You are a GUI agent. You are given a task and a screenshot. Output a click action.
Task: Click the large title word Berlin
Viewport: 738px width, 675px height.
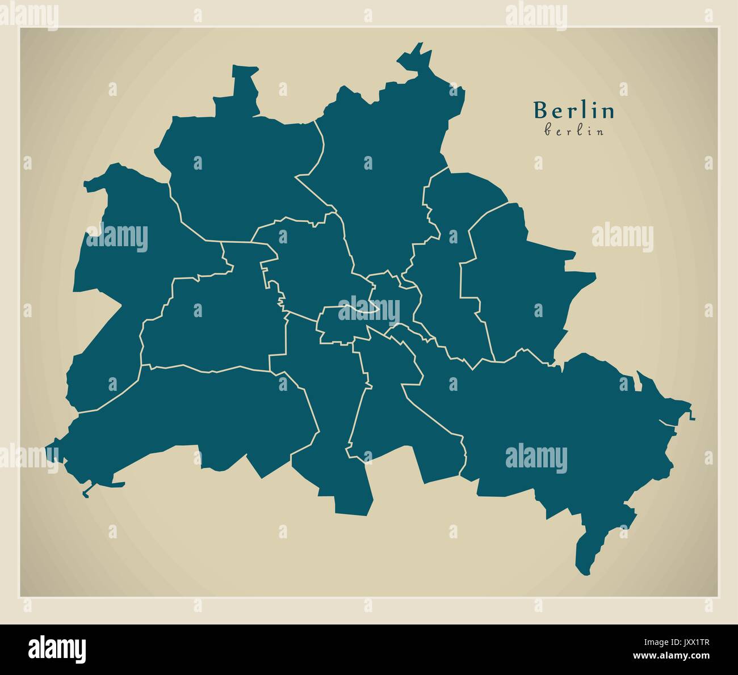(574, 111)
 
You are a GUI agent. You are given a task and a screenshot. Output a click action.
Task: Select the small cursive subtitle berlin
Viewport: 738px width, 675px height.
(574, 130)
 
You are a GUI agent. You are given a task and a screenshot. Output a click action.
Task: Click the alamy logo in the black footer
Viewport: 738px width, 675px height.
(57, 648)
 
